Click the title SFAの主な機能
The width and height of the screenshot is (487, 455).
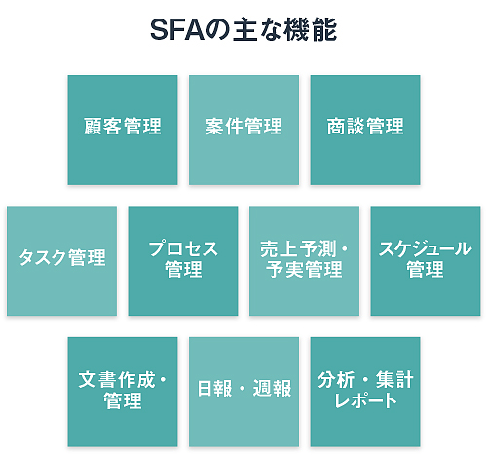[x=243, y=30]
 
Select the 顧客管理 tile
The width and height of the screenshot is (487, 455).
[x=123, y=130]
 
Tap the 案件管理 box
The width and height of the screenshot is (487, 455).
[x=243, y=130]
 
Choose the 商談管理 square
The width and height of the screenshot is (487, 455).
[x=365, y=130]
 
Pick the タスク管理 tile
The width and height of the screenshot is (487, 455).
[x=61, y=260]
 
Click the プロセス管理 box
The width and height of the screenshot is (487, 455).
[x=183, y=260]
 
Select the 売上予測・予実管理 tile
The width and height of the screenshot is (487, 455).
[x=304, y=260]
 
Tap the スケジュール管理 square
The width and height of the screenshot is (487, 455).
[x=426, y=260]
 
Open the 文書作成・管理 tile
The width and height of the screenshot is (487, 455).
[x=123, y=392]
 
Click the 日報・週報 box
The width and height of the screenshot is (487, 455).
[x=243, y=392]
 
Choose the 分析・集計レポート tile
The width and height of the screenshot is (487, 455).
[x=365, y=392]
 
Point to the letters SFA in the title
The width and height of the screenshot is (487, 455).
[x=177, y=30]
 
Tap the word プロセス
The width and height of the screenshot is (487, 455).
[x=183, y=249]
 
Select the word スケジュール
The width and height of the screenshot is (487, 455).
[x=426, y=249]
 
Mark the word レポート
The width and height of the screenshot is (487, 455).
[x=365, y=400]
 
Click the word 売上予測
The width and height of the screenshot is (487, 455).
[x=298, y=249]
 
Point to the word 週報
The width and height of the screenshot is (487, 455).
[x=272, y=388]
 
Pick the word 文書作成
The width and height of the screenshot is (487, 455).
[x=117, y=380]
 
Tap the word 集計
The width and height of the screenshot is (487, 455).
[x=394, y=380]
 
